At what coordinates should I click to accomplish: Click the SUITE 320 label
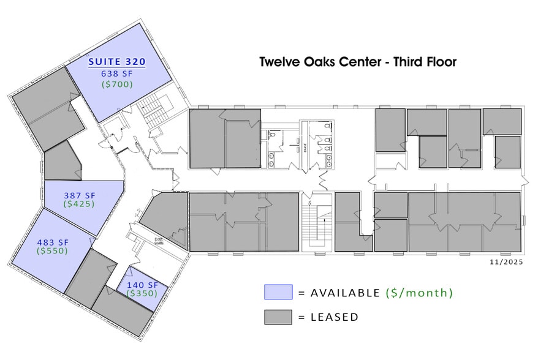(116, 62)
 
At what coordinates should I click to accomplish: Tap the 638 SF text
(116, 73)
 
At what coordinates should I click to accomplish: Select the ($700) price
(116, 84)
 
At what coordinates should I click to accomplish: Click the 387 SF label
(80, 195)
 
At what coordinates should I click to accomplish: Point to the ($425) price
(80, 204)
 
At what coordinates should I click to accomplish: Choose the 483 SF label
(51, 241)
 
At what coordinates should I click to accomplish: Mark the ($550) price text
(51, 250)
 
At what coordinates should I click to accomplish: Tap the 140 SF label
(142, 285)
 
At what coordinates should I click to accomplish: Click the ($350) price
(142, 293)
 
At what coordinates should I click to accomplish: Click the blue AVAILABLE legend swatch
(278, 292)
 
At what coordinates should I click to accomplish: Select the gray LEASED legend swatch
(278, 317)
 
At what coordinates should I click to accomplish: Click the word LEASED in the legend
(335, 317)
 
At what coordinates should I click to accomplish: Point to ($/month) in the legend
(419, 293)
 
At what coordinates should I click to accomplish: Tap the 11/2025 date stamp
(506, 261)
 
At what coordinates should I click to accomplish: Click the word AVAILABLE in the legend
(346, 293)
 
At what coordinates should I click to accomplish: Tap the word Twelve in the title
(279, 62)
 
